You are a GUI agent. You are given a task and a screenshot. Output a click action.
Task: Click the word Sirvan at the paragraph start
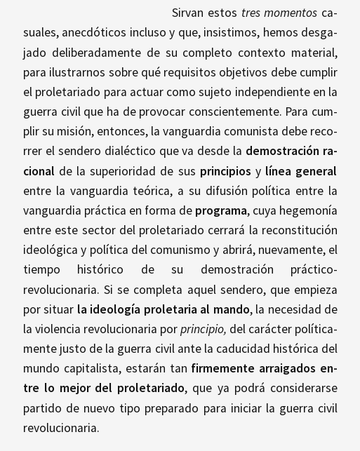coord(189,13)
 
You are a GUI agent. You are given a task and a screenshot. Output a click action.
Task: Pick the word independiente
coord(272,92)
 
